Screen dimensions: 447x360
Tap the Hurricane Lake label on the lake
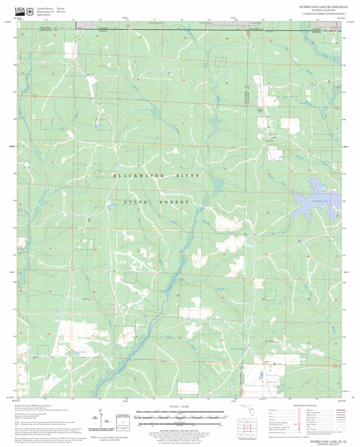[x=320, y=201]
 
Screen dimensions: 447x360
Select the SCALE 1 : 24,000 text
[x=180, y=406]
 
